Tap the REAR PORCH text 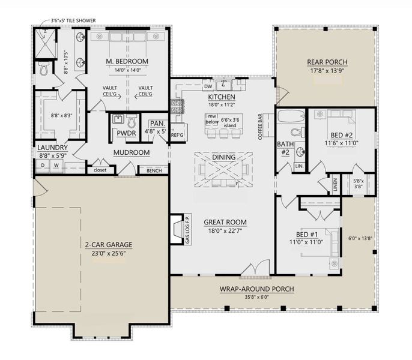click(327, 62)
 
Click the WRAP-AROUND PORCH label click(256, 289)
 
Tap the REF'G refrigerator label click(177, 134)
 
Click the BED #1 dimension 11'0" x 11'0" click(306, 243)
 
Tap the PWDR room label click(126, 133)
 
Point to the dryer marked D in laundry click(44, 165)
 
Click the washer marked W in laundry click(56, 165)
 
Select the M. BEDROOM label click(127, 61)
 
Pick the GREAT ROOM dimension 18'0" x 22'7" click(225, 231)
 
